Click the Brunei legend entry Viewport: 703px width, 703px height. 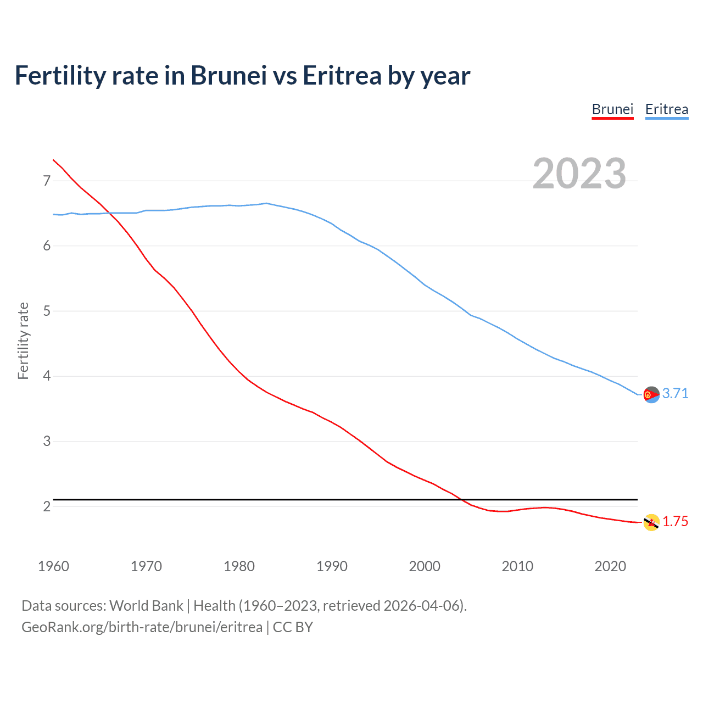tap(612, 109)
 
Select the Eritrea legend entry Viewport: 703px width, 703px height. tap(666, 109)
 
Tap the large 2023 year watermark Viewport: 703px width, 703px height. tap(579, 174)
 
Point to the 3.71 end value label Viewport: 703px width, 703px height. tap(675, 393)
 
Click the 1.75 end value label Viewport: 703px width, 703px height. tap(675, 521)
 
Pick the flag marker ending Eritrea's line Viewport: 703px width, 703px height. tap(651, 394)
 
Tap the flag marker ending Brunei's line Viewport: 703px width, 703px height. tap(651, 522)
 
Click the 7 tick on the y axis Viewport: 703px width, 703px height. tap(47, 181)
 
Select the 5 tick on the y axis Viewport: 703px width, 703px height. tap(47, 311)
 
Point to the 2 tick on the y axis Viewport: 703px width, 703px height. tap(47, 506)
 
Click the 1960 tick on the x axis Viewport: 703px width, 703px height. tap(53, 566)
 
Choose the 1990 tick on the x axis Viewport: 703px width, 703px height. tap(332, 566)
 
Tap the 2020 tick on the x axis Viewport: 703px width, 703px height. tap(610, 566)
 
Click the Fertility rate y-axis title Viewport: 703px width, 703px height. tap(23, 341)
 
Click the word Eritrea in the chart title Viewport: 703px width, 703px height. tap(342, 75)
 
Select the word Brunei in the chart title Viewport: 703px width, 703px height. tap(228, 75)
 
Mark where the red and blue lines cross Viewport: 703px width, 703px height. tap(108, 213)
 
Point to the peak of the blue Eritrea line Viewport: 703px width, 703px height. tap(266, 203)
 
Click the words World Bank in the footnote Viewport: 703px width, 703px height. tap(146, 606)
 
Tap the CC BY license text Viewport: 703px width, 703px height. tap(293, 627)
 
